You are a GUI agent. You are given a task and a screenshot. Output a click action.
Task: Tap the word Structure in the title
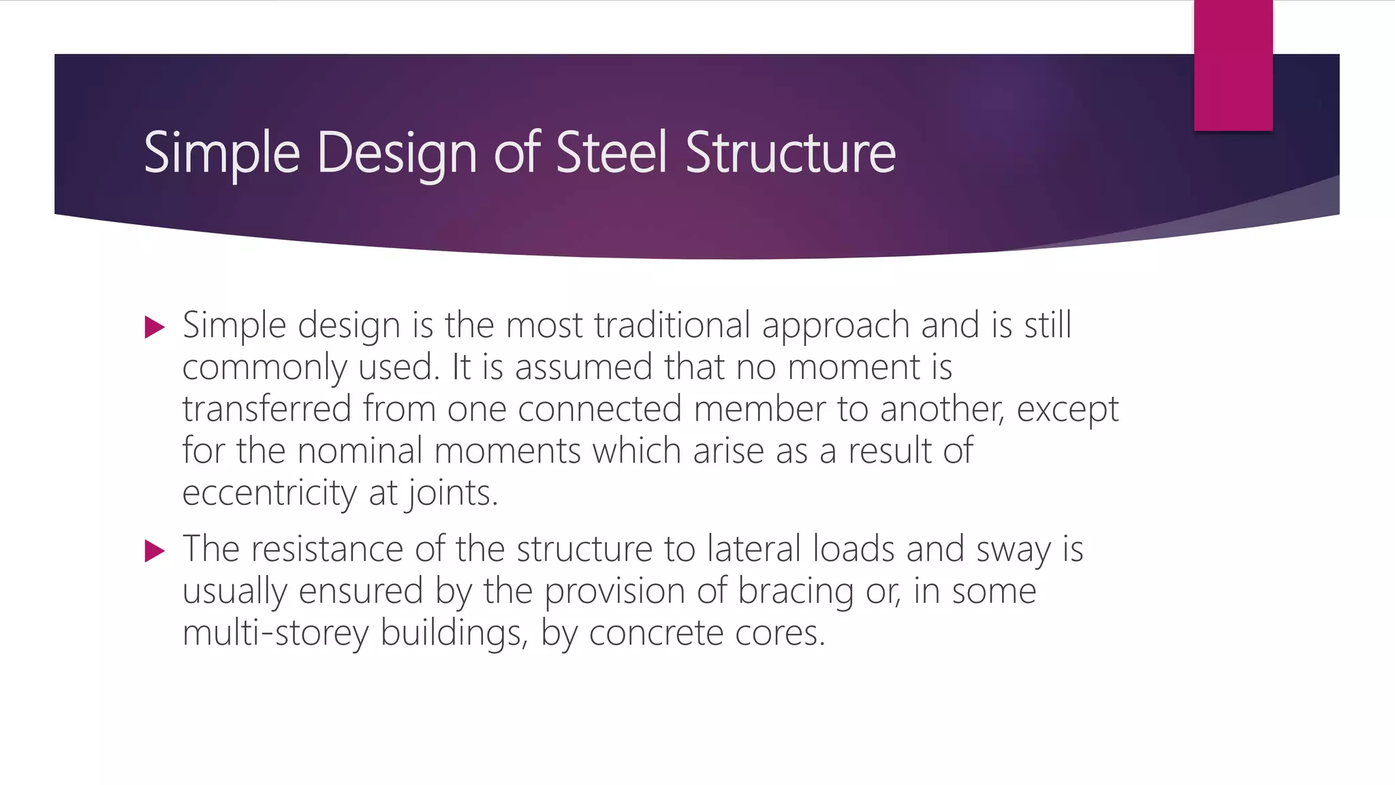coord(790,153)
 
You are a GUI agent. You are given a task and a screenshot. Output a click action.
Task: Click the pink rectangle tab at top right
coord(1233,65)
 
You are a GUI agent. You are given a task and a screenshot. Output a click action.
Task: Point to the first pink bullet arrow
coord(155,328)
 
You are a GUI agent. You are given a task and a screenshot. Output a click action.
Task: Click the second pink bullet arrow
coord(155,551)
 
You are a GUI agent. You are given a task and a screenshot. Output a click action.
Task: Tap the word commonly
coord(264,368)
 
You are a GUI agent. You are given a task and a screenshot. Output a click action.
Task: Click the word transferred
coord(266,409)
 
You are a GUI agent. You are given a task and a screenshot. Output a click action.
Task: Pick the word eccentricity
coord(269,493)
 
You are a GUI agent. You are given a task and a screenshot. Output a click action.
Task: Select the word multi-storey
coord(275,634)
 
